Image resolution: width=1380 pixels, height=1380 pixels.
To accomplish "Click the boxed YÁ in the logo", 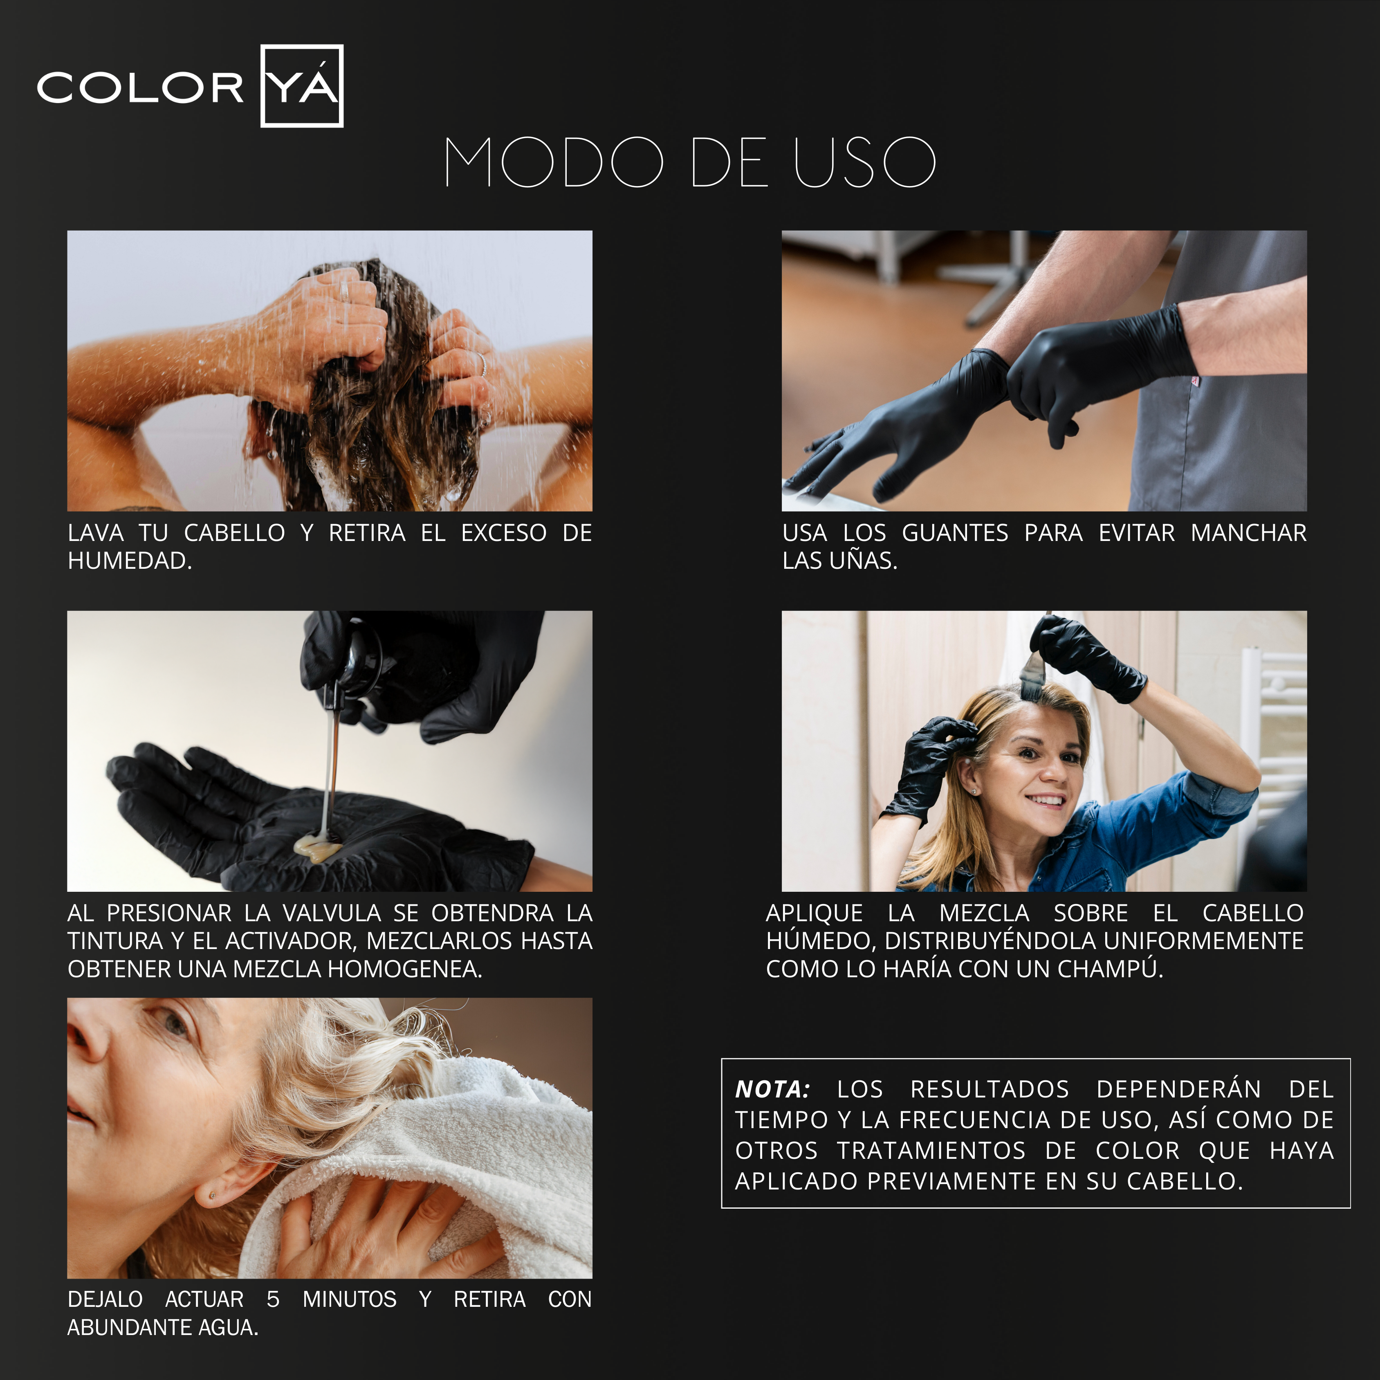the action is (302, 86).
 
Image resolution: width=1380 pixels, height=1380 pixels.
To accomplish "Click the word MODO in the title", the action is (554, 162).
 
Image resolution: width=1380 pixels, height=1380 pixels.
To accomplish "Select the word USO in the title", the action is (865, 162).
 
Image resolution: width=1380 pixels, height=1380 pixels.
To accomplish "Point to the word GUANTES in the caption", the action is (955, 533).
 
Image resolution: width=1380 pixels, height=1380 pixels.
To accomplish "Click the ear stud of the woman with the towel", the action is (212, 1194).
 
